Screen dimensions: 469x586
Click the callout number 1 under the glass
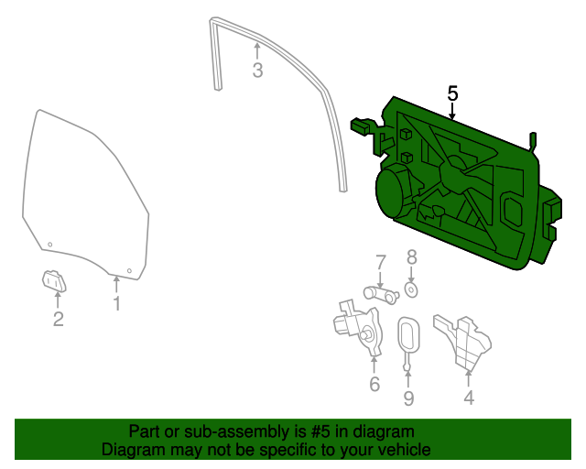[116, 303]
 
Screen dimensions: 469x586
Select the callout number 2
[58, 319]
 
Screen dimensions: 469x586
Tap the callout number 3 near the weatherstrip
[257, 70]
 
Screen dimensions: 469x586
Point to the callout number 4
[469, 398]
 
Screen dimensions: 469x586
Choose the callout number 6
[374, 384]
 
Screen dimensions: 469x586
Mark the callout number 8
[411, 257]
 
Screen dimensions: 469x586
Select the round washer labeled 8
[411, 290]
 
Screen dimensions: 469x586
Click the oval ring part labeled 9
[408, 335]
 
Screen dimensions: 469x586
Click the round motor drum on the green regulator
[396, 191]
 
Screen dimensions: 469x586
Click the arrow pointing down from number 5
[452, 112]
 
